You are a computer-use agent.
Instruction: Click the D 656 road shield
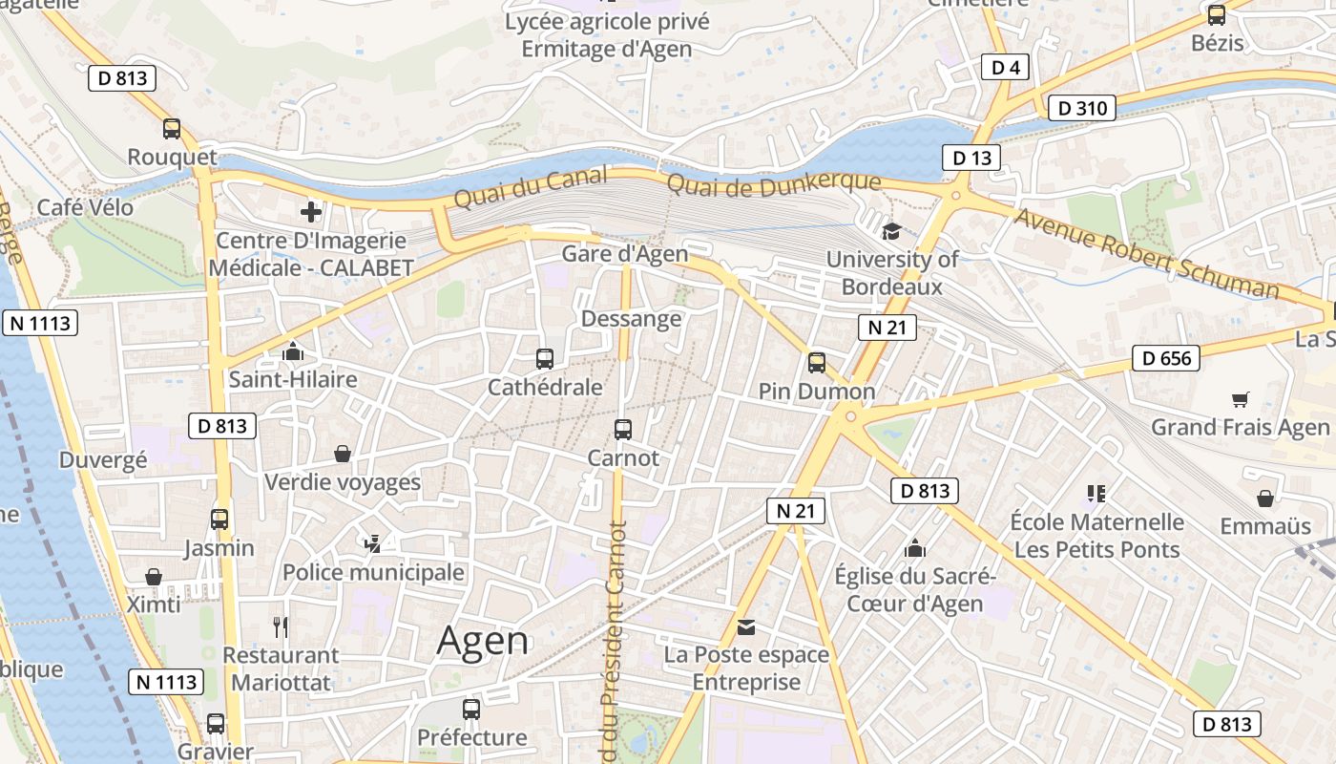point(1165,358)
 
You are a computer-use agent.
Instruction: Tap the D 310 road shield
point(1081,108)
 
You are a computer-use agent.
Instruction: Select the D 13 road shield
point(971,159)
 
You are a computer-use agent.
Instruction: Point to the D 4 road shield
point(1005,67)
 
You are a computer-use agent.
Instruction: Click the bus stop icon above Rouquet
point(172,128)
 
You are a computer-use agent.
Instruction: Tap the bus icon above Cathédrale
point(545,359)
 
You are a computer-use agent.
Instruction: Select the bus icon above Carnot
point(623,430)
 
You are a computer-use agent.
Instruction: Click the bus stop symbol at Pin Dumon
point(817,363)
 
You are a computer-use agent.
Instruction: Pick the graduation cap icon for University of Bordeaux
point(891,231)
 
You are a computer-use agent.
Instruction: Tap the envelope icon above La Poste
point(746,627)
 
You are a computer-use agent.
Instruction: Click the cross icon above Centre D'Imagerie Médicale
point(311,212)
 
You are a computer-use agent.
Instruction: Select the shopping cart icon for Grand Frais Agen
point(1240,399)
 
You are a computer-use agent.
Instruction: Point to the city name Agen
point(483,640)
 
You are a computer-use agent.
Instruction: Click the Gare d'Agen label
point(624,253)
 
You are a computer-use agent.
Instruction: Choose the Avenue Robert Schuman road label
point(1145,253)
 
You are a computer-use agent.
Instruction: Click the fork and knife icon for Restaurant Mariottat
point(281,627)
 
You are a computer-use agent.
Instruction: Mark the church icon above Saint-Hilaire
point(292,351)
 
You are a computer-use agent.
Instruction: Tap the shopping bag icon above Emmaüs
point(1265,499)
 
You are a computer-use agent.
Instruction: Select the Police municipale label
point(373,572)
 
